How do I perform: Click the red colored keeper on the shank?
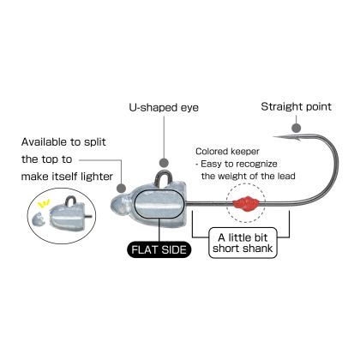[x=246, y=203]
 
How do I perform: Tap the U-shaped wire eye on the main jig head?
[x=164, y=172]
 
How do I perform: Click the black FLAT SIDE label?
[x=159, y=249]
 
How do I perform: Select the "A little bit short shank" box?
[x=243, y=243]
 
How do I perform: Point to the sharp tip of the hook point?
[x=273, y=137]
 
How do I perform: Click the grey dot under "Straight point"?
[x=297, y=129]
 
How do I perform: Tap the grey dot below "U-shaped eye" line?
[x=164, y=163]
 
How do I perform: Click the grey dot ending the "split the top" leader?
[x=122, y=189]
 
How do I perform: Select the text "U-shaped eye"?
[x=164, y=108]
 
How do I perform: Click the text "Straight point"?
[x=296, y=107]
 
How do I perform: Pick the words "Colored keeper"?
[x=227, y=152]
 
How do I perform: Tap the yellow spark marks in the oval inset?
[x=44, y=204]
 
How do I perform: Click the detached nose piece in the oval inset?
[x=39, y=219]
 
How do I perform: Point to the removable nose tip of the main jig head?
[x=117, y=205]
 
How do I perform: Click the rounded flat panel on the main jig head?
[x=159, y=205]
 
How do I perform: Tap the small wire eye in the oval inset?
[x=70, y=199]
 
